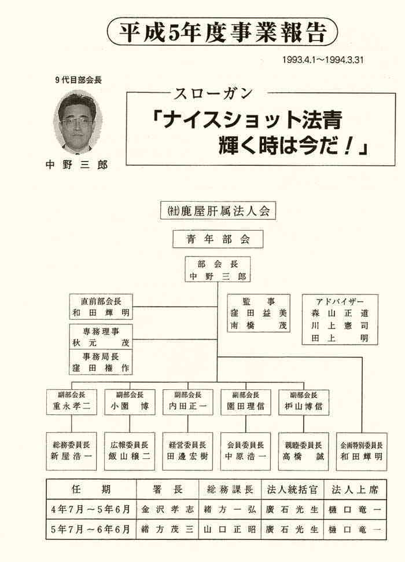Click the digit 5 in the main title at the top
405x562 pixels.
pos(173,32)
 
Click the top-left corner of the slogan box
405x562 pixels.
pos(126,93)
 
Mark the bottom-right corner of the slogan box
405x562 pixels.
pos(395,165)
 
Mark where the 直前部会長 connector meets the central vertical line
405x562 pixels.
pos(218,307)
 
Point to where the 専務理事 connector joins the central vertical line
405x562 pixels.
pos(218,339)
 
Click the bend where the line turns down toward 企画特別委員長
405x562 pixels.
pos(362,357)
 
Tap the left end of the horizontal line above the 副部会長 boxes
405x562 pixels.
pos(72,382)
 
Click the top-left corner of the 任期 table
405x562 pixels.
pos(46,479)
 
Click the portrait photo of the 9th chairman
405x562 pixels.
pos(77,122)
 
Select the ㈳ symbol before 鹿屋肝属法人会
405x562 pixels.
pos(173,211)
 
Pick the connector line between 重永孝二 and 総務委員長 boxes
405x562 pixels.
pos(72,424)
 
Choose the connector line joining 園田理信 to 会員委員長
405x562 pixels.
pos(246,424)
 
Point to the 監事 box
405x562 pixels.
pos(258,313)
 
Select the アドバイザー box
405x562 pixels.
pos(340,319)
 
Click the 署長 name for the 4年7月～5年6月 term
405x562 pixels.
pos(167,509)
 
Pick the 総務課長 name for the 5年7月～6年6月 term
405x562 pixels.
pos(230,530)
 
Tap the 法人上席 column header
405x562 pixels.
pos(355,490)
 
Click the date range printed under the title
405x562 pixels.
pos(323,60)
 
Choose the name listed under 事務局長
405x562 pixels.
pos(101,368)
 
